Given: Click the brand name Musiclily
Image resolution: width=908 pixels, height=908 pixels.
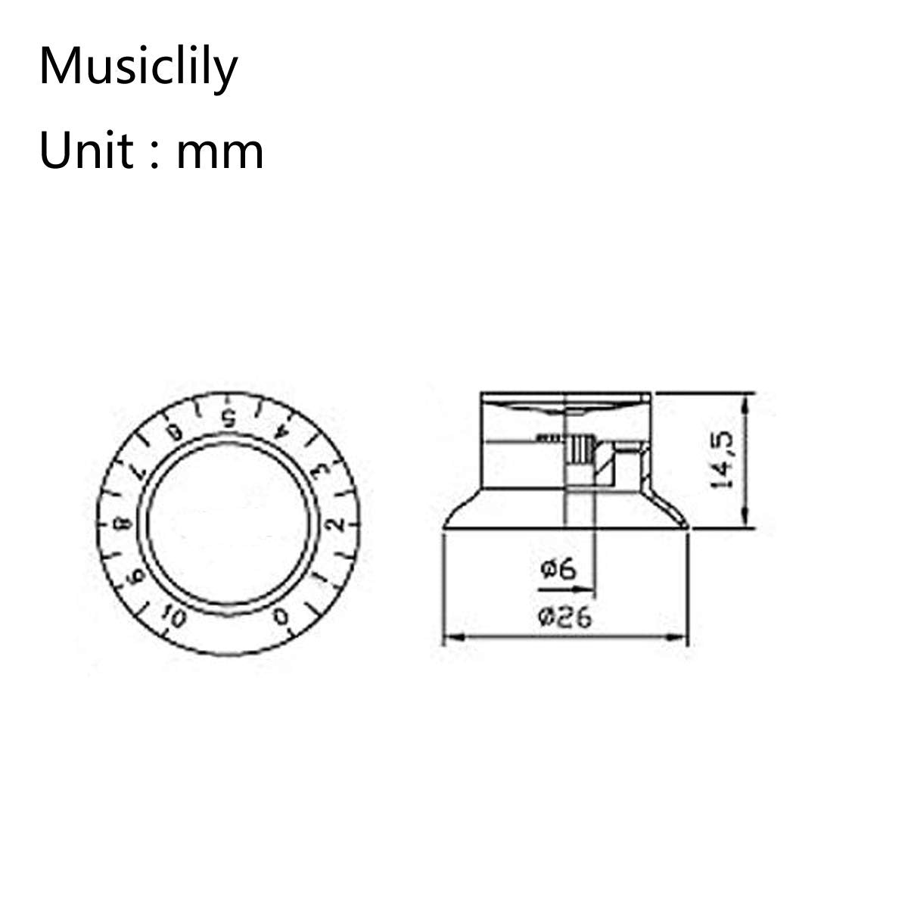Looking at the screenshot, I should (138, 67).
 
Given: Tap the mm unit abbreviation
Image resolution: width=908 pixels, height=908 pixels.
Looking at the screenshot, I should (220, 151).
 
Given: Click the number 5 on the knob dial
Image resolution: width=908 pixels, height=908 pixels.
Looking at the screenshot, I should (228, 415).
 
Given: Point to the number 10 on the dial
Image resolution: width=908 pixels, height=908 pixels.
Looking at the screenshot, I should (173, 617).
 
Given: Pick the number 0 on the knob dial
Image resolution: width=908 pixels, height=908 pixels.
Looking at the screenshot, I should (281, 616).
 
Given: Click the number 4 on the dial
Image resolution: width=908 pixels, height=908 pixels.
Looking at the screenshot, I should (281, 431).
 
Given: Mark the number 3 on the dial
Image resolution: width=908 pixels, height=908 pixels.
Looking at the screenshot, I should (320, 473).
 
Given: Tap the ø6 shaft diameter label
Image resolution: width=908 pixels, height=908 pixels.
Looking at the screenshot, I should (557, 567).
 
